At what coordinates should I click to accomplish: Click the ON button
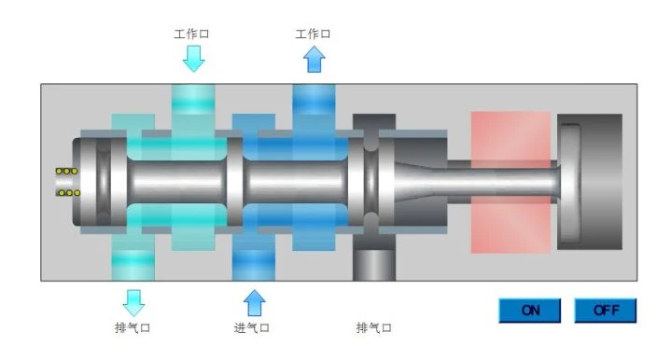[x=529, y=311]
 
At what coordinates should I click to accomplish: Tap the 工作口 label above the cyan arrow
[x=191, y=34]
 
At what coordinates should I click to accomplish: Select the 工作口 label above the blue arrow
[x=313, y=34]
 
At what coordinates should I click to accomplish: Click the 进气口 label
[x=251, y=327]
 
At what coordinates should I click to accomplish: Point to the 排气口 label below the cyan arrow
[x=133, y=327]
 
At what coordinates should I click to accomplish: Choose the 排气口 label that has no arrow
[x=374, y=327]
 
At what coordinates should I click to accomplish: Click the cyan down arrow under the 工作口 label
[x=193, y=59]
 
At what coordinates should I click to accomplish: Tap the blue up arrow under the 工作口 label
[x=315, y=59]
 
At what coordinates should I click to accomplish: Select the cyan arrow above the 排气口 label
[x=133, y=303]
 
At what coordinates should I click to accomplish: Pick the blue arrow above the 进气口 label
[x=254, y=303]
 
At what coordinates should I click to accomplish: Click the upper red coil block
[x=511, y=136]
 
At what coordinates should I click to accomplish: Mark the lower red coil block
[x=511, y=225]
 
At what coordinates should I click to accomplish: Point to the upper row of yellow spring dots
[x=66, y=171]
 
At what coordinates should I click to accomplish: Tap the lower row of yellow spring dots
[x=69, y=193]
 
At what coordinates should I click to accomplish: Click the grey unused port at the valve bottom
[x=374, y=265]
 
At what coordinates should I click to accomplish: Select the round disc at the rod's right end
[x=570, y=183]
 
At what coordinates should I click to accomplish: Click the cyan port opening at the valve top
[x=193, y=99]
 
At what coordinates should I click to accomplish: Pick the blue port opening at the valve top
[x=314, y=99]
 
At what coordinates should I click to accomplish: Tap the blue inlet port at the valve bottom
[x=254, y=265]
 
